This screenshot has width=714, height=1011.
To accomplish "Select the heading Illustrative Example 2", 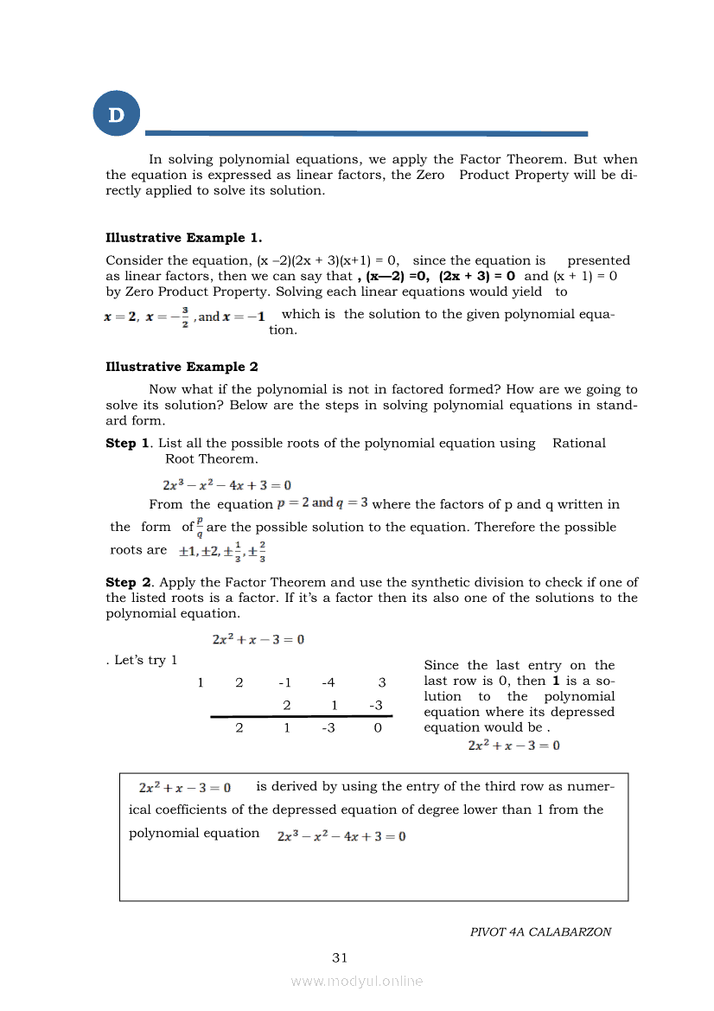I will point(182,368).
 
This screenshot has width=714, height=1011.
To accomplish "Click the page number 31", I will point(340,957).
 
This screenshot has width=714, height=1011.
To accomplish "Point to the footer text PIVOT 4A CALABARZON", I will point(540,932).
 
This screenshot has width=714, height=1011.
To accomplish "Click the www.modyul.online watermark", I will point(357,981).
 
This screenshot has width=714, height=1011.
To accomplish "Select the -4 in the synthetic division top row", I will point(329,683).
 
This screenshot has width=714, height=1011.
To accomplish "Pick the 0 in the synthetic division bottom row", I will point(378,728).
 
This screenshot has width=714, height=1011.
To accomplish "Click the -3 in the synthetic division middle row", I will point(375,706).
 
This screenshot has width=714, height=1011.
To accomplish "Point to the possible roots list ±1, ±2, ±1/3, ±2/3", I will point(222,551).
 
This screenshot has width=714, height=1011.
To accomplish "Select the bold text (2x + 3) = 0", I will point(477,276).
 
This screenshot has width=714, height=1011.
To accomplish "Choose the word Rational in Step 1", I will point(578,444).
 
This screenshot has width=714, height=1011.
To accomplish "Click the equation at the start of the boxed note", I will point(184,788).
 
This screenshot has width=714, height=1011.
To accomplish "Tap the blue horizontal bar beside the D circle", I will point(366,133).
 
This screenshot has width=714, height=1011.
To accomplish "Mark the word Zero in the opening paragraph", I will point(430,176).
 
